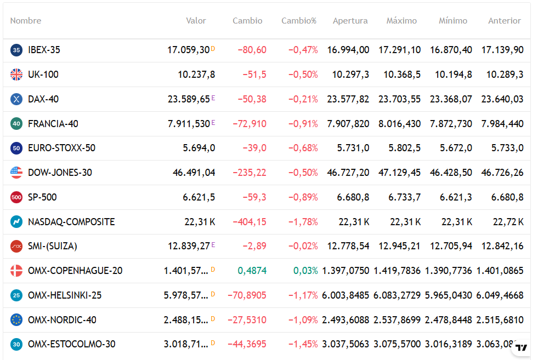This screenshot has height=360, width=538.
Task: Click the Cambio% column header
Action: [x=299, y=21]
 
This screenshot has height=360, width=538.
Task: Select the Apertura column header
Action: [x=350, y=21]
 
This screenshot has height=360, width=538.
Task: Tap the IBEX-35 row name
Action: [x=44, y=50]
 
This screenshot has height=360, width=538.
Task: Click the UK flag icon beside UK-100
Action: [x=16, y=75]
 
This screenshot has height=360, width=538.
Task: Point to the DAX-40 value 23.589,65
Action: [x=189, y=99]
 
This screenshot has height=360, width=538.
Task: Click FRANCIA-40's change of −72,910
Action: [x=250, y=124]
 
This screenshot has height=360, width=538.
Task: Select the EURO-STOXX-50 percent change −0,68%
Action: [x=303, y=148]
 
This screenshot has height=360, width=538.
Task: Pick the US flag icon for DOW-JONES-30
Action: [x=16, y=173]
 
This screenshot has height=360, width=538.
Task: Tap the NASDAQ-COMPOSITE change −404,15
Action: [x=250, y=222]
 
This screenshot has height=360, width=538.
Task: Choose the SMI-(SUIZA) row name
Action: [x=53, y=246]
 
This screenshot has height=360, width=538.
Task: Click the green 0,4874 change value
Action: [x=252, y=271]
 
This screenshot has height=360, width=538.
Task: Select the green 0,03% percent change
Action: [x=305, y=271]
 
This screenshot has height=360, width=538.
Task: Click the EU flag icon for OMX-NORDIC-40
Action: [x=16, y=320]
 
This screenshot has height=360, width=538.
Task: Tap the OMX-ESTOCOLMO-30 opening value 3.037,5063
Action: [x=346, y=345]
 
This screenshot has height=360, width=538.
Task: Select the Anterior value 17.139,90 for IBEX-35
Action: [x=502, y=50]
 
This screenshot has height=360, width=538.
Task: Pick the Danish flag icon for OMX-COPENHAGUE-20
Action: [x=16, y=271]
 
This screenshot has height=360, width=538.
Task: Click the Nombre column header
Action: [x=26, y=21]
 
